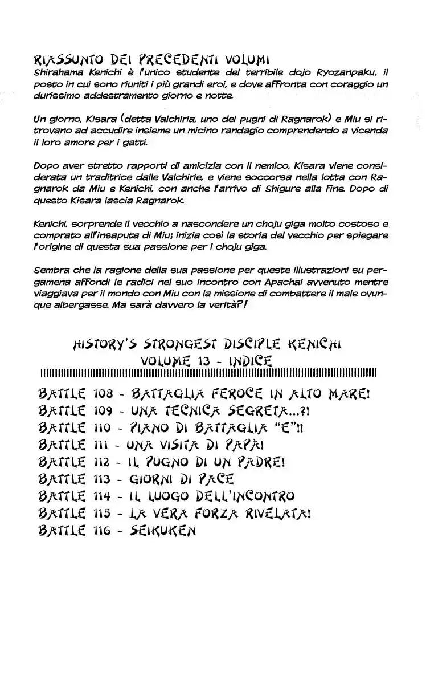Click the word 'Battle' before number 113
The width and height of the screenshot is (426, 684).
pyautogui.click(x=62, y=479)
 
